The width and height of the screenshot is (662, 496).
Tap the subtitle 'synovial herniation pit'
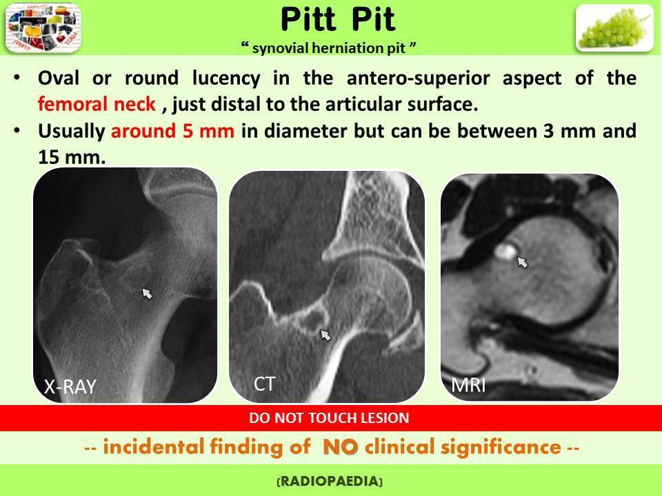[x=330, y=47]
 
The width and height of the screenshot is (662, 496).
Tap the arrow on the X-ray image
[x=147, y=294]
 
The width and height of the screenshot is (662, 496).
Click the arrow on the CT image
[x=325, y=335]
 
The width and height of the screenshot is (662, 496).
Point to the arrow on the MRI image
[x=522, y=260]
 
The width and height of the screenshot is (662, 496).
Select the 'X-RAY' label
[x=69, y=388]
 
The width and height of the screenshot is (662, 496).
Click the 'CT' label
[x=265, y=384]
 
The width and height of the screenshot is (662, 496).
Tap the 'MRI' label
[x=469, y=385]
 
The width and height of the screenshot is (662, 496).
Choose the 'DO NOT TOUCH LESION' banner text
[x=330, y=417]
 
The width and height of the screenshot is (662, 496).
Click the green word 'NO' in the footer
[x=339, y=447]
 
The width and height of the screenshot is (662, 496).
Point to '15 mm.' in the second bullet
[x=68, y=158]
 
